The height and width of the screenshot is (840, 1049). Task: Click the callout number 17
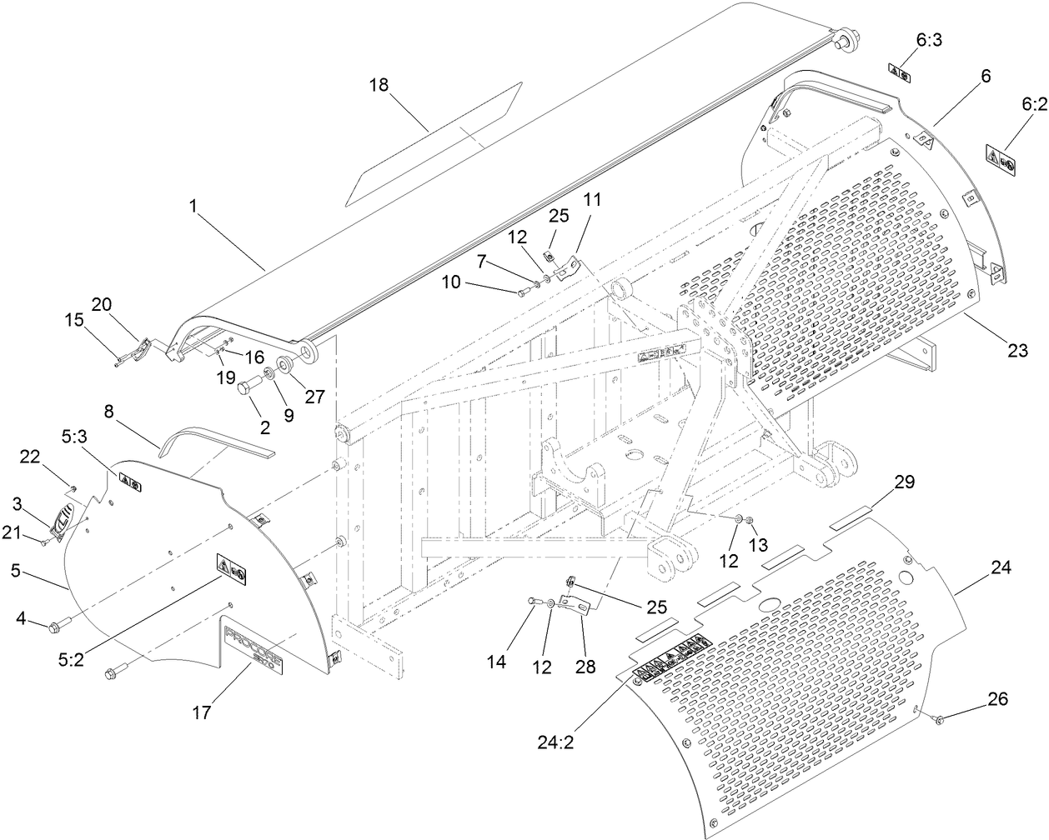[202, 712]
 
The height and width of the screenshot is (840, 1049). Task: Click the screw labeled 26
[938, 719]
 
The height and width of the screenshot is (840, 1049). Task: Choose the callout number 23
[1017, 351]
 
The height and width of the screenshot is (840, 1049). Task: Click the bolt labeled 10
[524, 292]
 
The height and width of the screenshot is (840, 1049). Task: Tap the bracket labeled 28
[574, 604]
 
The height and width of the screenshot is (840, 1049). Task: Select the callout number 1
[193, 206]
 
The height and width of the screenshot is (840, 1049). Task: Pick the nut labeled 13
[750, 522]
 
